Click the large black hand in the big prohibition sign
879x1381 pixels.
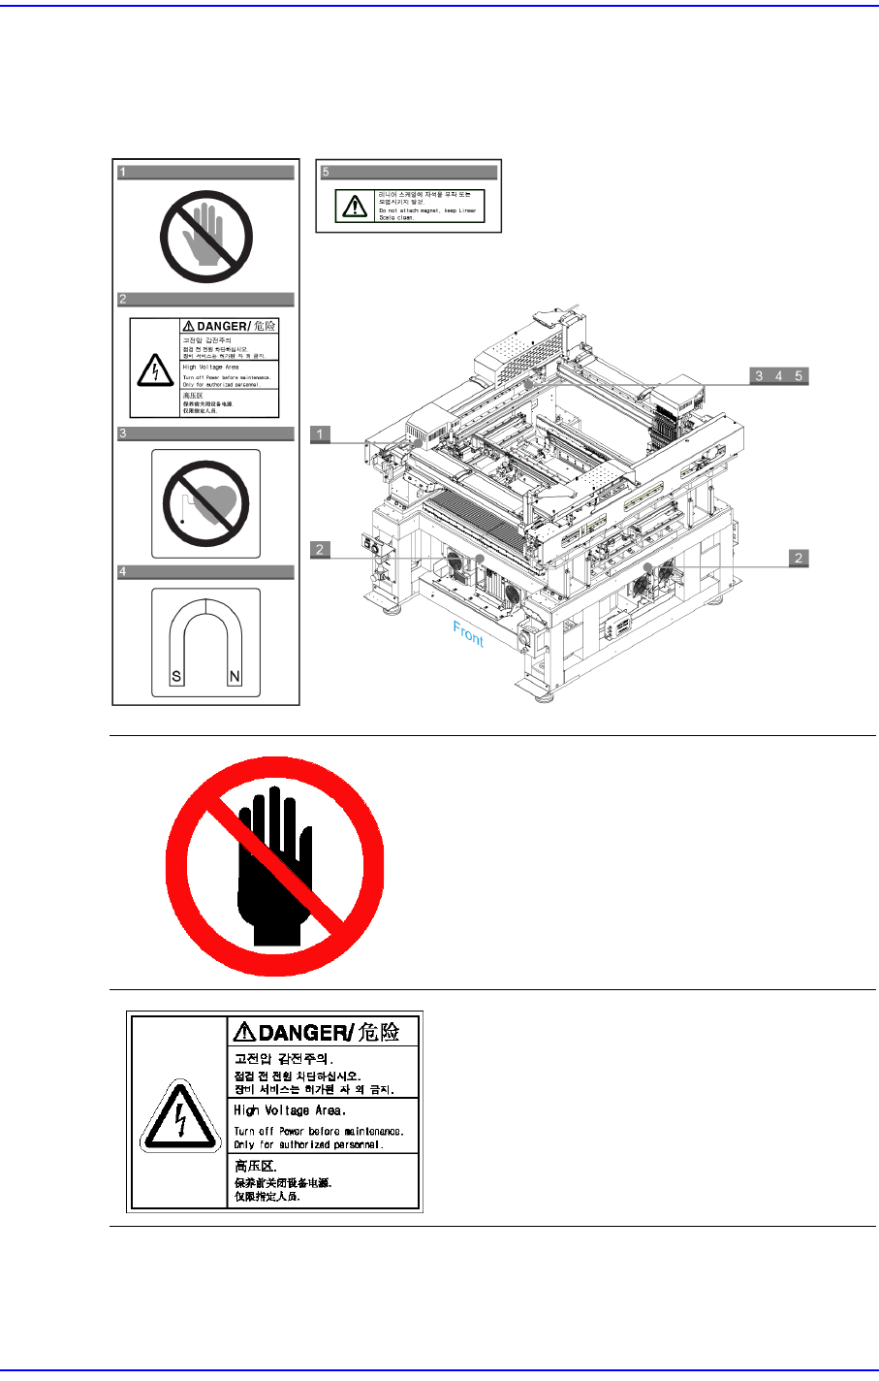(275, 863)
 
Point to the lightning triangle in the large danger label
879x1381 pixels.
(177, 1115)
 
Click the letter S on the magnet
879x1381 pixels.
(176, 677)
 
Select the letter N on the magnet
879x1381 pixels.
(235, 677)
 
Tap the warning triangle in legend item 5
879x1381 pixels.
(356, 207)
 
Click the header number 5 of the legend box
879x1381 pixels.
(327, 172)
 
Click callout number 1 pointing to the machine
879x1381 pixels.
(321, 434)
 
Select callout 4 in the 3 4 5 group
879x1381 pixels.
(778, 376)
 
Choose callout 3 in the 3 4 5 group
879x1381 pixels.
(759, 376)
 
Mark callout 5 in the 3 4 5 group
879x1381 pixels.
(799, 376)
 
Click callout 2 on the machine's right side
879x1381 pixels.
(799, 558)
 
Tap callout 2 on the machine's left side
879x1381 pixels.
(321, 550)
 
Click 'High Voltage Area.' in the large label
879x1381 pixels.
(290, 1110)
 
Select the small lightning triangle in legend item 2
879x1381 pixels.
(153, 369)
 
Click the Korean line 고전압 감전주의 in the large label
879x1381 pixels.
(284, 1058)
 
